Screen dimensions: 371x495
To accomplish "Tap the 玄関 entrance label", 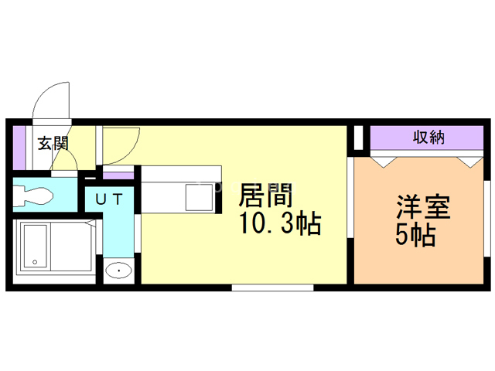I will [x=53, y=142].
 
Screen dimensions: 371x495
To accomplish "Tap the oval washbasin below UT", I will [x=118, y=271].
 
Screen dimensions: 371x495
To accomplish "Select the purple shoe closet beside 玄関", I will [x=21, y=146].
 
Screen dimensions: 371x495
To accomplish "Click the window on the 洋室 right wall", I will [x=487, y=220].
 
